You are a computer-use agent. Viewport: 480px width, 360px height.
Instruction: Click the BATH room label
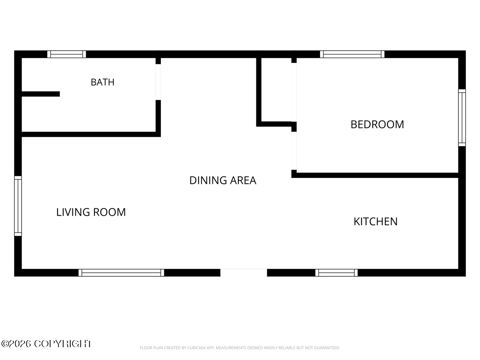click(x=102, y=82)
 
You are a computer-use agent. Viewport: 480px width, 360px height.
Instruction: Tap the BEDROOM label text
click(x=377, y=124)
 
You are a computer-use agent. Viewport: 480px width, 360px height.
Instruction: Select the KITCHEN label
click(x=375, y=222)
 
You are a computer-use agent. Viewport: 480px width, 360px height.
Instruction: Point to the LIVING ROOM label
click(x=91, y=212)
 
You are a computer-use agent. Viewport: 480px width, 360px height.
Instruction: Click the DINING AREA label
click(x=223, y=180)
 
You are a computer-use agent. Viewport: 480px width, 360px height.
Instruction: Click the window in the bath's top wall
click(x=66, y=54)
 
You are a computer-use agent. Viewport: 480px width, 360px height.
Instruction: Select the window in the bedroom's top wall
click(x=352, y=54)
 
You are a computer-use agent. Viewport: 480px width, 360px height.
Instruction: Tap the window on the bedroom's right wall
click(x=462, y=118)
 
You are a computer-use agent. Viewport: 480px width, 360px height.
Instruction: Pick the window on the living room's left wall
click(x=18, y=206)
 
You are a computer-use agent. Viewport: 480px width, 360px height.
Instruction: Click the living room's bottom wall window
click(x=121, y=272)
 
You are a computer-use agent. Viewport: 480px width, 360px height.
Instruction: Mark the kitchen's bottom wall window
click(x=336, y=272)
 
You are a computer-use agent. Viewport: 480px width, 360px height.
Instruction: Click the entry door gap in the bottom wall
click(x=244, y=272)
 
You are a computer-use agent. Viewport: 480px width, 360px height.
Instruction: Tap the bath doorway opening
click(x=158, y=82)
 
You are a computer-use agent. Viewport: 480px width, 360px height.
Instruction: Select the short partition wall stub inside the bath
click(x=41, y=94)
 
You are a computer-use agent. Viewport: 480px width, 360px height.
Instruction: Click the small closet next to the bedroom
click(x=276, y=90)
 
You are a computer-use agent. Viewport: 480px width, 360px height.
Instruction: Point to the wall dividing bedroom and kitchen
click(x=375, y=175)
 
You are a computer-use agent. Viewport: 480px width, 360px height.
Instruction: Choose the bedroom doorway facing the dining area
click(x=294, y=151)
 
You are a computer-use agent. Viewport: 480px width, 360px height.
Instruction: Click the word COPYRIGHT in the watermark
click(x=63, y=344)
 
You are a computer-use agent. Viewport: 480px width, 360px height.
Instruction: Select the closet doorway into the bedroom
click(x=294, y=92)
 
